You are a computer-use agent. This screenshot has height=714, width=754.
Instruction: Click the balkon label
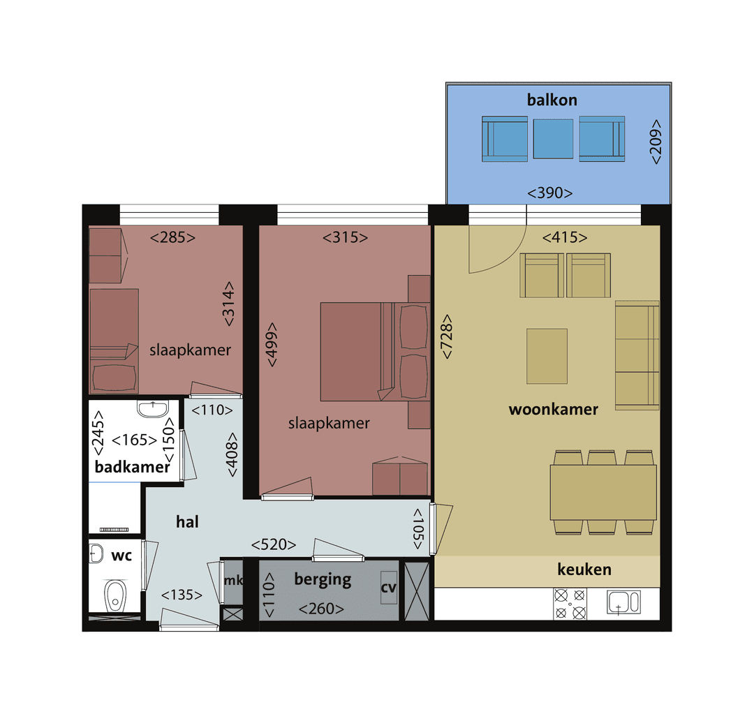click(552, 100)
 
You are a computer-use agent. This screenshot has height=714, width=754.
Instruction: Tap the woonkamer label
click(553, 409)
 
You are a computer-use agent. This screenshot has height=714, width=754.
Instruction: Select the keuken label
click(584, 570)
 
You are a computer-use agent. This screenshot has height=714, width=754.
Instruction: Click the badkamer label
click(132, 467)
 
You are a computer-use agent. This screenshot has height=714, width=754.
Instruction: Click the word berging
click(323, 579)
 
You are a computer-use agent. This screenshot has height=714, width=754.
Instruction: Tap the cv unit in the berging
click(388, 588)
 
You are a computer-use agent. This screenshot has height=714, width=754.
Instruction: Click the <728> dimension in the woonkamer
click(446, 338)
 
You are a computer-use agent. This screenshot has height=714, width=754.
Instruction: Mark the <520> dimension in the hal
click(274, 544)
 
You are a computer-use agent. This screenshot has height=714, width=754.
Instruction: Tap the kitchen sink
click(623, 602)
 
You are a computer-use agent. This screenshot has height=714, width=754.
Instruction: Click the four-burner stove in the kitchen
click(570, 604)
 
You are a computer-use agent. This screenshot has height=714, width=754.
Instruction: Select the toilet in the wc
click(114, 596)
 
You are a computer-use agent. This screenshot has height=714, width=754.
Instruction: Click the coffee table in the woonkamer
click(547, 356)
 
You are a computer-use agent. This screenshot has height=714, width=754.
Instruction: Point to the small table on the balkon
click(553, 138)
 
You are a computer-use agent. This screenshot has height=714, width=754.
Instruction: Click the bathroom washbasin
click(153, 409)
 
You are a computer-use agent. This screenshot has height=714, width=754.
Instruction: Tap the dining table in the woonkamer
click(603, 493)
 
